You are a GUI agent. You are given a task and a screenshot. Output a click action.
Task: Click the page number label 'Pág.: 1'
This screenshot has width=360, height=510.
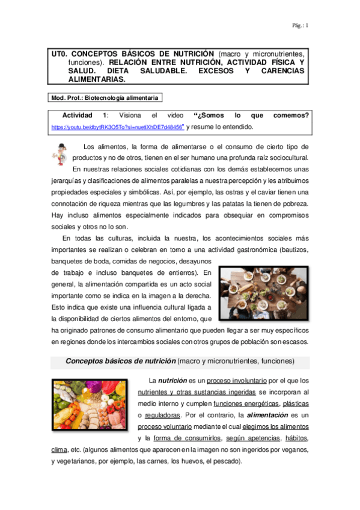tap(300, 25)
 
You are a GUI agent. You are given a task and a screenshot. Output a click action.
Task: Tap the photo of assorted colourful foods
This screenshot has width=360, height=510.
tap(90, 408)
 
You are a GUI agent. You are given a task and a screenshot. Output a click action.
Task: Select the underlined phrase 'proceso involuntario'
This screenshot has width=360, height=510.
tap(232, 380)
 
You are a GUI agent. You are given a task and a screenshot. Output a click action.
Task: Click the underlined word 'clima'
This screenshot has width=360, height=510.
tap(58, 449)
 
